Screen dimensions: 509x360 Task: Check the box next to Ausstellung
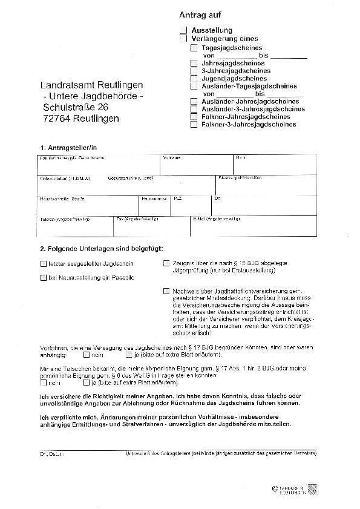tap(183, 30)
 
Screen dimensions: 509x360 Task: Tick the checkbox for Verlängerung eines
tap(183, 38)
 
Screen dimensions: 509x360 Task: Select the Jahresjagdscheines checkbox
tap(194, 63)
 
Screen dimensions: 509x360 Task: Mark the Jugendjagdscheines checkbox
tap(194, 79)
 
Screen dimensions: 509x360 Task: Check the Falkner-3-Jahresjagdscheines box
tap(194, 125)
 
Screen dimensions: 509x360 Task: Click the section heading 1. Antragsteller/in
tap(68, 147)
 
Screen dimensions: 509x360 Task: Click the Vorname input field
tap(196, 167)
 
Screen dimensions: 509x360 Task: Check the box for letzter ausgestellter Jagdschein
tap(43, 264)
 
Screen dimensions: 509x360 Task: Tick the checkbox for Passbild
tap(43, 278)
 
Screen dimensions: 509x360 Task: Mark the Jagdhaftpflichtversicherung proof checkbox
tap(167, 291)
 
